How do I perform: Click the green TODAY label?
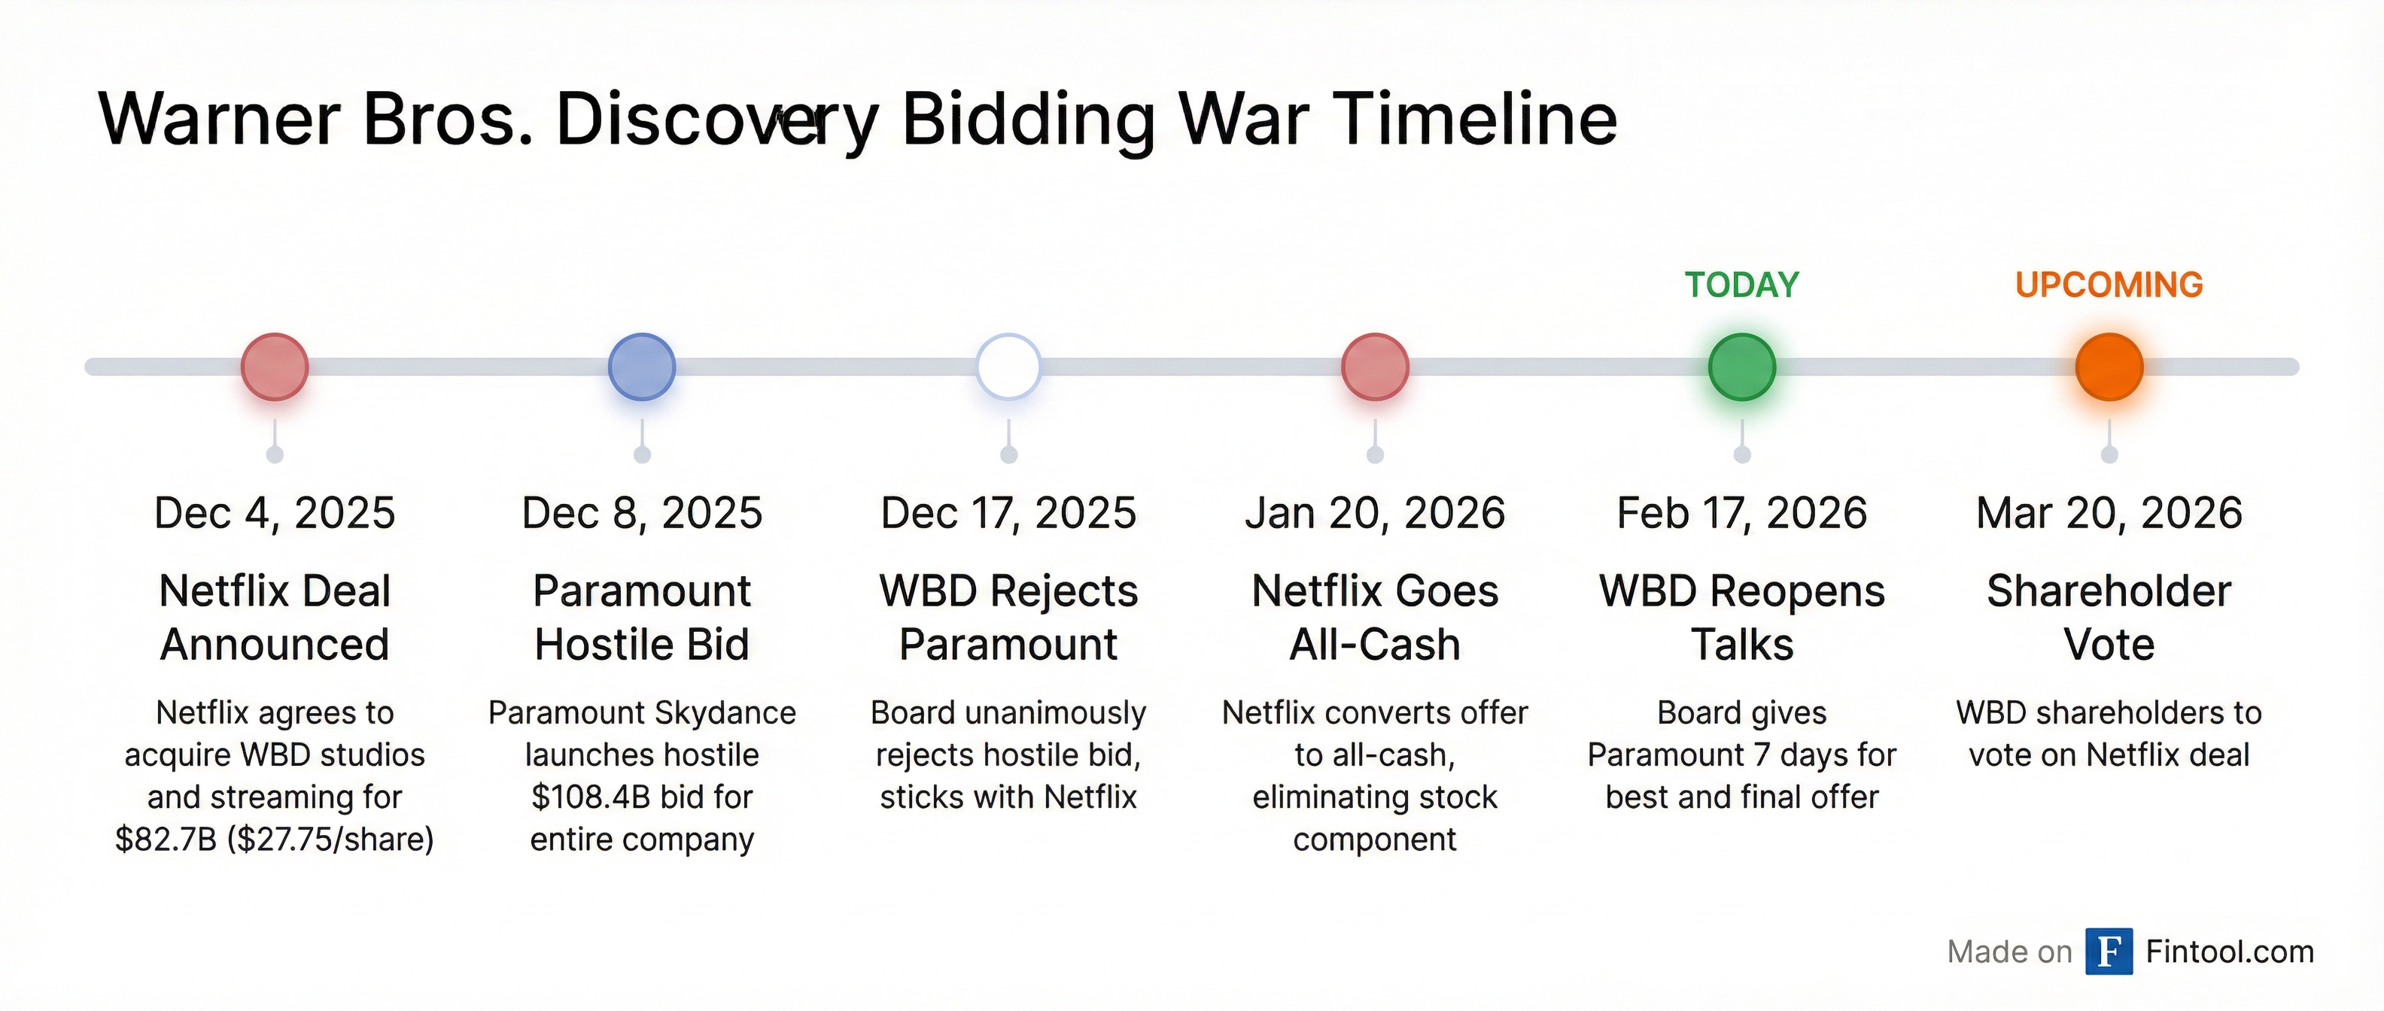pos(1741,285)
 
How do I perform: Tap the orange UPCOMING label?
pos(2109,285)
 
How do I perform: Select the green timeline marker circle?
pos(1741,367)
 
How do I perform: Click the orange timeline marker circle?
pos(2109,367)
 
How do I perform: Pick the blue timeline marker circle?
pos(641,367)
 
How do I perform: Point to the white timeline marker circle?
pos(1008,367)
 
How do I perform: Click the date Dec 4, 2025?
pos(275,513)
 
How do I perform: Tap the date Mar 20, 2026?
pos(2109,513)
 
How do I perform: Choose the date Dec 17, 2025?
pos(1008,513)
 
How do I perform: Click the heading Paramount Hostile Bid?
pos(641,617)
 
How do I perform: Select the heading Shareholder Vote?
pos(2109,617)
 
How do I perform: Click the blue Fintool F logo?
pos(2109,952)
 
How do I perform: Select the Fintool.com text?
pos(2230,952)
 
